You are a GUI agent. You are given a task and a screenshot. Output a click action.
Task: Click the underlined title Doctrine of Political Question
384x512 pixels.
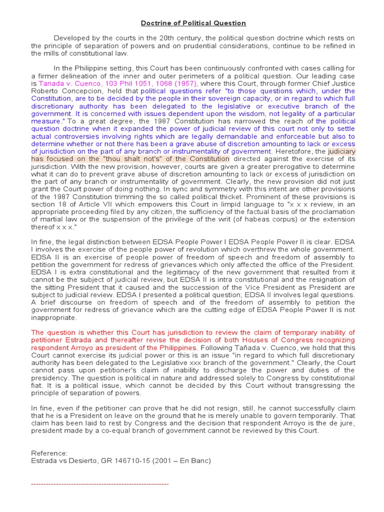(193, 23)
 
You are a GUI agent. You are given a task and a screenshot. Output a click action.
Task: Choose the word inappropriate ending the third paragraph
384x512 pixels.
(54, 317)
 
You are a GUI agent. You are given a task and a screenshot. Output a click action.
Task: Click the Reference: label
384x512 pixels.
(49, 453)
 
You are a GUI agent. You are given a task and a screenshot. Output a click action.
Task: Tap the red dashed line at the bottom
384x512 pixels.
(99, 484)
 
